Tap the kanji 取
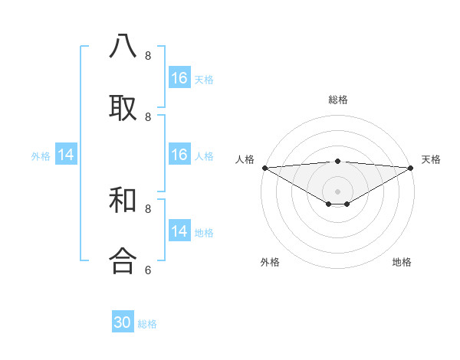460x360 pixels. tap(123, 108)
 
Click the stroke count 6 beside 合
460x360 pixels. tap(148, 270)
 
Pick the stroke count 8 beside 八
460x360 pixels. tap(148, 56)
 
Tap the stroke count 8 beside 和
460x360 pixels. tap(148, 208)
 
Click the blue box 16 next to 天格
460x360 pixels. tap(179, 78)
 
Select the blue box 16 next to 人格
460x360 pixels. tap(179, 155)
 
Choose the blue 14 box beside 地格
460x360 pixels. tap(179, 231)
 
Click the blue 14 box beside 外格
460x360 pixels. tap(66, 155)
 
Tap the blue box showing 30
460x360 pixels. tap(123, 322)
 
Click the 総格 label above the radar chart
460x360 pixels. tap(337, 100)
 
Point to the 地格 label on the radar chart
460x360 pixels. tap(402, 262)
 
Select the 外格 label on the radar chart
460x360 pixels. tap(270, 262)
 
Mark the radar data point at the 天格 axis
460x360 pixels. tap(411, 168)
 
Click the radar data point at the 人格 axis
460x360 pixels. tap(264, 168)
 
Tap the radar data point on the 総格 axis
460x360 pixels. tap(337, 161)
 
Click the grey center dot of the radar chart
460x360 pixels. tap(337, 191)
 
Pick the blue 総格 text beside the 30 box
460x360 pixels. tap(147, 324)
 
